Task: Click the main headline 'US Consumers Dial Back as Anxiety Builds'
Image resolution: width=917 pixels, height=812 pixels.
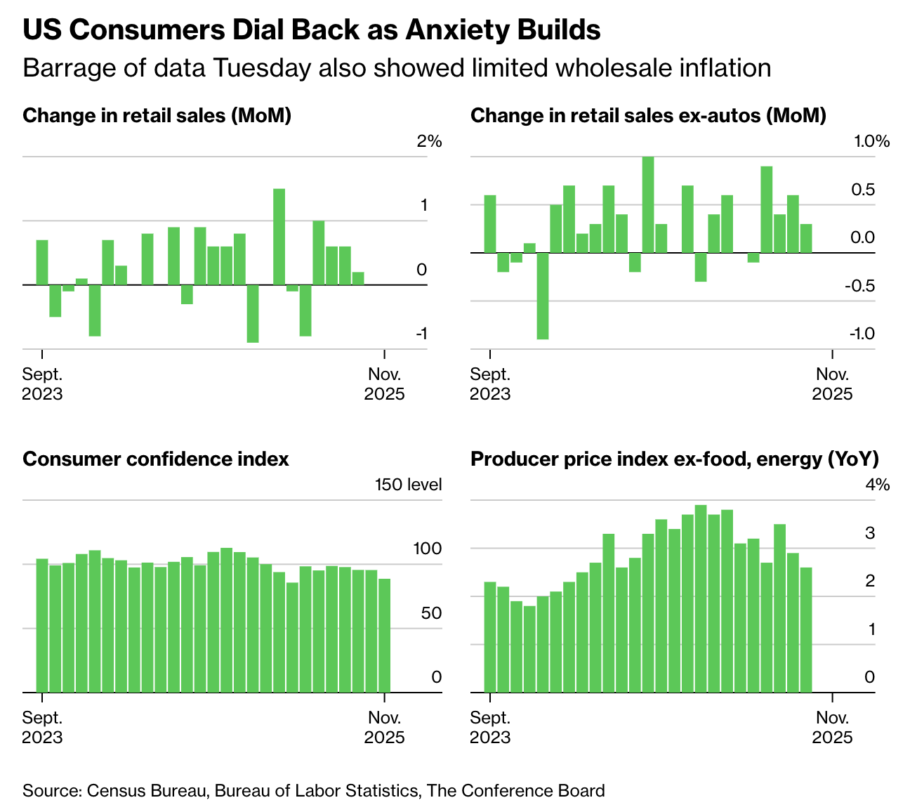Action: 311,31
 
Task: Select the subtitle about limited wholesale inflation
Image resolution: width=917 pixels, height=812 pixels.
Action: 397,68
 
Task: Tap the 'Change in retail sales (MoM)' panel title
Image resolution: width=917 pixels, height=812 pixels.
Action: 157,115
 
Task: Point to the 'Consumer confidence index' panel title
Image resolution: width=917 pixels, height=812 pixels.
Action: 155,459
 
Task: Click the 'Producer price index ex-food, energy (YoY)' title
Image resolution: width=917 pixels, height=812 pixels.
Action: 674,459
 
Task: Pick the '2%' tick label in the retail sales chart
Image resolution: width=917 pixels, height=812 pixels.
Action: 429,141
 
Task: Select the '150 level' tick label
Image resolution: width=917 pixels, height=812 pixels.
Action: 408,485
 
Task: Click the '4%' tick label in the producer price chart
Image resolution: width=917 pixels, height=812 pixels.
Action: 877,485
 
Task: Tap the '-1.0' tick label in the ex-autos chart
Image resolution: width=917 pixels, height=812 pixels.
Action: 861,334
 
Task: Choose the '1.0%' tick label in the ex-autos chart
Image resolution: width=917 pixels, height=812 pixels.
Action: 871,141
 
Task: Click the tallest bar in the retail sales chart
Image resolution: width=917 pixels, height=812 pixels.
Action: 279,236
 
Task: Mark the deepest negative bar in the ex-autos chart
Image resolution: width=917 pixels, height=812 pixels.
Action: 542,296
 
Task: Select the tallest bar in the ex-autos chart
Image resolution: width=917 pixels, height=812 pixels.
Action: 648,204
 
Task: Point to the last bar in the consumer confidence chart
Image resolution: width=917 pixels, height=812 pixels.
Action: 384,635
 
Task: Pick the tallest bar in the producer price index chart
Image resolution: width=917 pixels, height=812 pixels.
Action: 700,598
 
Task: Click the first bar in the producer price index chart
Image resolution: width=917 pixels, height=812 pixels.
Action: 490,636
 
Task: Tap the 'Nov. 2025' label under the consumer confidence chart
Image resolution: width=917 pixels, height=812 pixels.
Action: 384,728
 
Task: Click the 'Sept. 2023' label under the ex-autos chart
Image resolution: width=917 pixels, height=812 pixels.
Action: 490,384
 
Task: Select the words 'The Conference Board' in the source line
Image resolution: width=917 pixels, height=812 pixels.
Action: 515,791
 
